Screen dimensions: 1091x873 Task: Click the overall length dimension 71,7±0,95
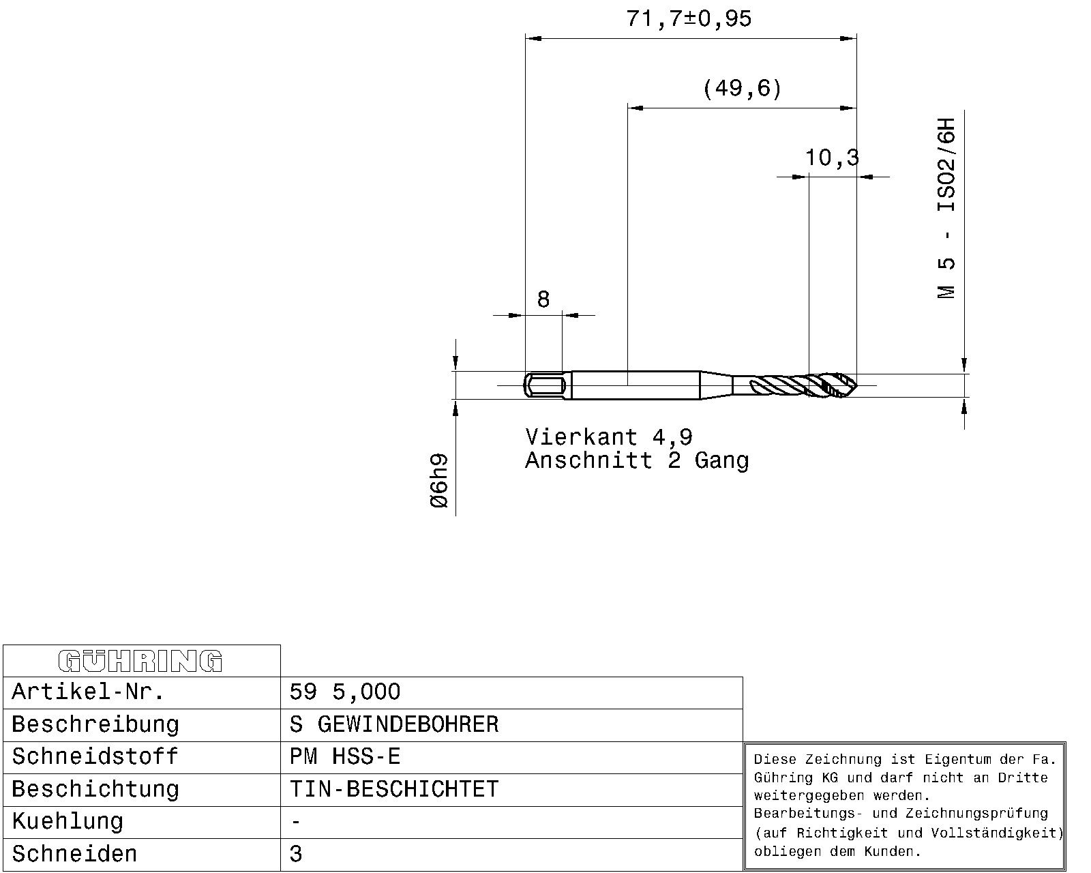(689, 19)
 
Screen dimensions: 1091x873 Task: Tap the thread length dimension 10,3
(832, 158)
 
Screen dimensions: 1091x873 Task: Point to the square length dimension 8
(543, 299)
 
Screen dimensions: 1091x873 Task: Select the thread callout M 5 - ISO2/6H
(946, 209)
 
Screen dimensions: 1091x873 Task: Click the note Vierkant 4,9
(609, 436)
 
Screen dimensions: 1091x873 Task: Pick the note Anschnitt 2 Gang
(637, 460)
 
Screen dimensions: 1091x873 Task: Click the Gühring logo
(140, 661)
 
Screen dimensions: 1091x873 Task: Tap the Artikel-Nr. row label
(88, 692)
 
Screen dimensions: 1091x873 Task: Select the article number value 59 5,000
(345, 692)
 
